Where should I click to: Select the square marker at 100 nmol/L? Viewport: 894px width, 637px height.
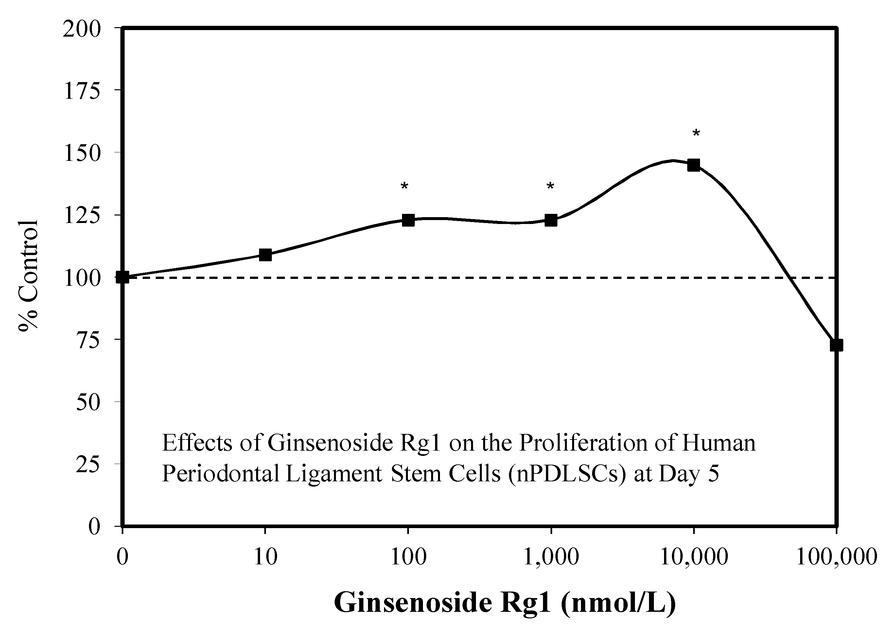408,220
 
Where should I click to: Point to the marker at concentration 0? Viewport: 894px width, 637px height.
123,277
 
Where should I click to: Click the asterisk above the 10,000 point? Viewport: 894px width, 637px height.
696,134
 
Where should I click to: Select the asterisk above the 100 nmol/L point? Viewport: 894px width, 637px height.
404,187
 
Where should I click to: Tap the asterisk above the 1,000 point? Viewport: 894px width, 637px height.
550,187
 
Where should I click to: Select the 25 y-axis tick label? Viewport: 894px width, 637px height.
88,465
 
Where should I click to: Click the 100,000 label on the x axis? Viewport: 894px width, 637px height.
836,557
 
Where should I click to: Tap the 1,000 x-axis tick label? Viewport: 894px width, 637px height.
551,557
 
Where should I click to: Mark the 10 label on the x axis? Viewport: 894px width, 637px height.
266,557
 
